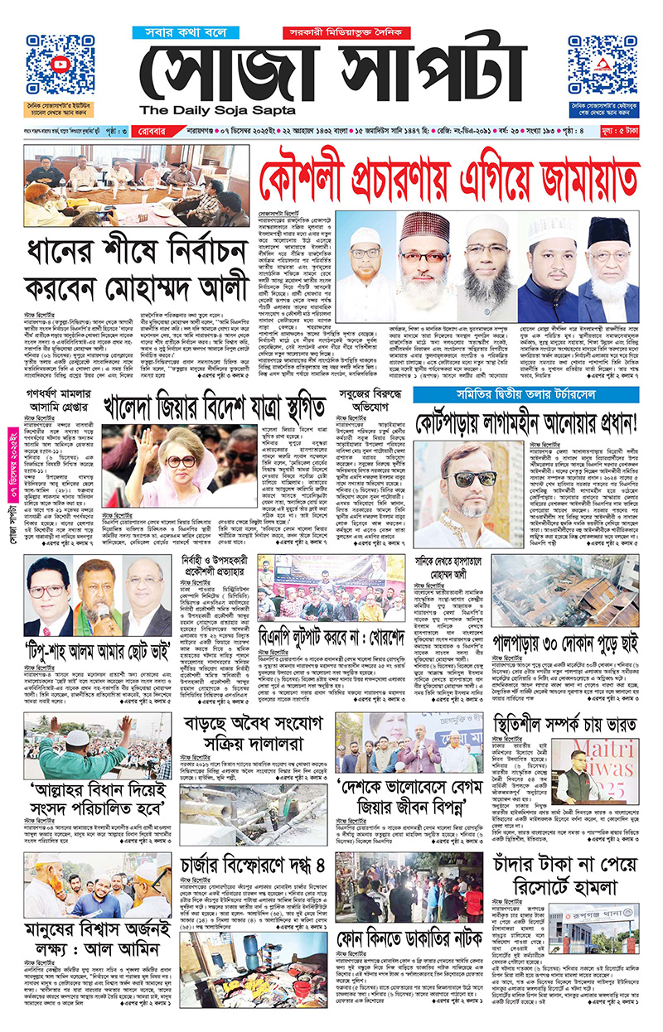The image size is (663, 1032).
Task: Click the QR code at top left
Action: (60, 65)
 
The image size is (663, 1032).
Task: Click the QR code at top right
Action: (603, 65)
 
